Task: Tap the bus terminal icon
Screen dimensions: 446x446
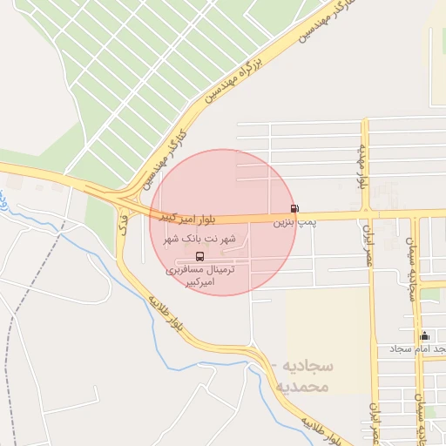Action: click(x=201, y=256)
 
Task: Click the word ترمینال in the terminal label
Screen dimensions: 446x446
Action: click(x=230, y=270)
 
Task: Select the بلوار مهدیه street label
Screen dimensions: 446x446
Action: click(x=359, y=167)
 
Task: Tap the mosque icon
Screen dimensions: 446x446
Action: click(x=425, y=335)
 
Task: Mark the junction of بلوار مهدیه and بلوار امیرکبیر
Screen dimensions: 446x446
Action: click(x=368, y=213)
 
